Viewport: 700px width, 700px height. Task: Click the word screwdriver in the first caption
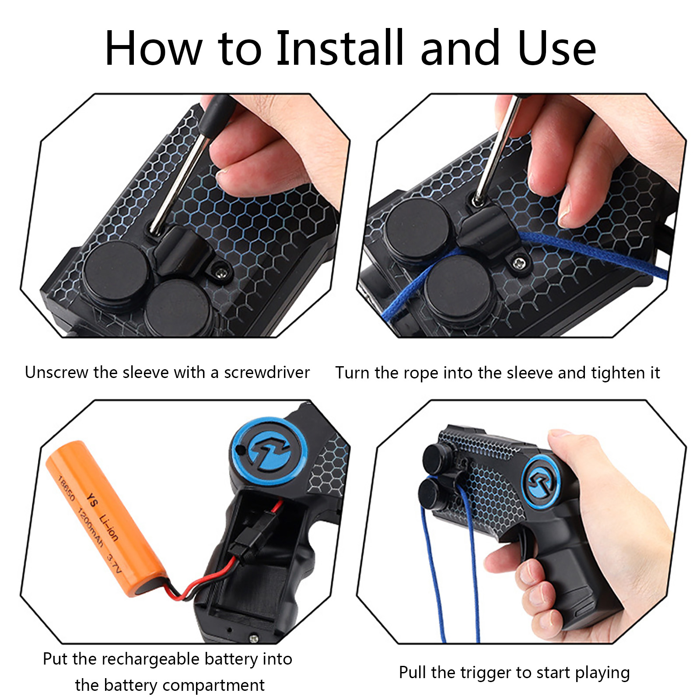pyautogui.click(x=267, y=372)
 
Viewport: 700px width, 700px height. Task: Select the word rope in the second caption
pyautogui.click(x=420, y=374)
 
